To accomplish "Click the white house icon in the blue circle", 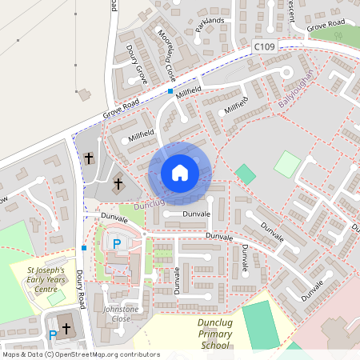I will (x=179, y=173).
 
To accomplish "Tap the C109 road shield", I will (x=264, y=48).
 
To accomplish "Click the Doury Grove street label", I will (x=137, y=64).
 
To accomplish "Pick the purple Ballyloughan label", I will (x=298, y=90).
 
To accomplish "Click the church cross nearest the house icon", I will (x=118, y=184).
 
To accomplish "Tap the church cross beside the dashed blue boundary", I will (x=89, y=158).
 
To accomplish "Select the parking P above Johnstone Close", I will (x=117, y=243).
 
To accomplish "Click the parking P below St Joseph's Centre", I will (x=53, y=334).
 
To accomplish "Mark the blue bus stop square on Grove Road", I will (x=170, y=91).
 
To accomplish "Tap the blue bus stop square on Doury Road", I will (x=84, y=248).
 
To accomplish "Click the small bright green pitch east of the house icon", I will (x=246, y=174).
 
